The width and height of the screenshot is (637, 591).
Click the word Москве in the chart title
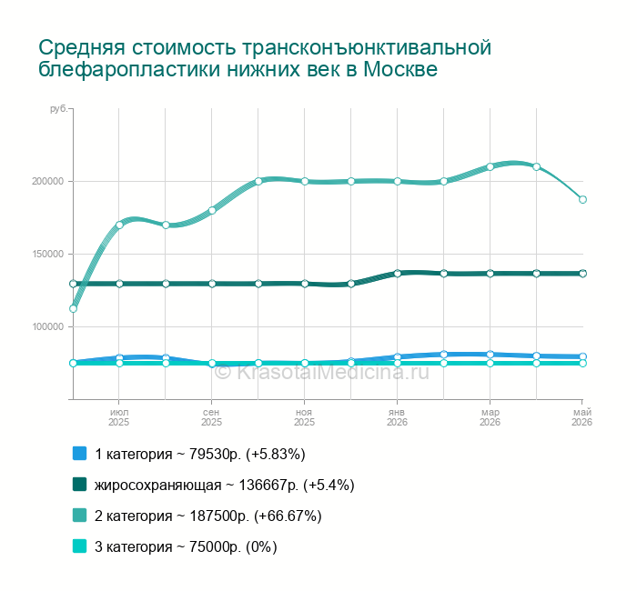[400, 69]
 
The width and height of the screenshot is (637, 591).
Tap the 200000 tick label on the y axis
[48, 182]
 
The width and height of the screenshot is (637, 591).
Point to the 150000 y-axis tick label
[48, 254]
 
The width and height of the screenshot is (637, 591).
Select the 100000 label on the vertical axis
[48, 326]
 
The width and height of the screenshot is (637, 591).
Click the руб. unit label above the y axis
[58, 109]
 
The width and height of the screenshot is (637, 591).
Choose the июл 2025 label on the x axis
[119, 417]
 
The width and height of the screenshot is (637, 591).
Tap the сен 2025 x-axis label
[212, 417]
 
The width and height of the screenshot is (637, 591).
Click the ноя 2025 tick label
[304, 417]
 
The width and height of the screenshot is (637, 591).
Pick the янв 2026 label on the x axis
[397, 417]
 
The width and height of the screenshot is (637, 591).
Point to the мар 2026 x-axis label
[490, 417]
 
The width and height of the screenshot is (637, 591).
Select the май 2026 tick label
[582, 417]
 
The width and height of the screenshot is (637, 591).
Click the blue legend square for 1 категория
[80, 454]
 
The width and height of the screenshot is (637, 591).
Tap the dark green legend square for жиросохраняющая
[80, 485]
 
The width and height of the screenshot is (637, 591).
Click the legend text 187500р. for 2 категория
[220, 516]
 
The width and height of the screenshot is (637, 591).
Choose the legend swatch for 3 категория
[80, 546]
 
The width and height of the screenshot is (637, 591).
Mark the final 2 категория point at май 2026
[582, 200]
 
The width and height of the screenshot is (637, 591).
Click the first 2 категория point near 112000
[73, 309]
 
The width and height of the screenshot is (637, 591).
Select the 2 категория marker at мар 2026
[490, 166]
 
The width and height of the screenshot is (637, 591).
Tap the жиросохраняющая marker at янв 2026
[398, 274]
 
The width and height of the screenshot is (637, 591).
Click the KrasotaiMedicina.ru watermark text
[322, 372]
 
